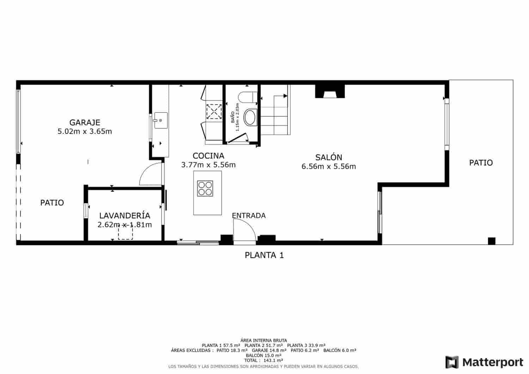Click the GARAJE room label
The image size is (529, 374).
(x=85, y=123)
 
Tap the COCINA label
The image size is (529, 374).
(x=208, y=156)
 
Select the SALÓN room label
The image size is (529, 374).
(x=329, y=158)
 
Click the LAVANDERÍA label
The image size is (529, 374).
(x=124, y=216)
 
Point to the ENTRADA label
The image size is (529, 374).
(x=249, y=216)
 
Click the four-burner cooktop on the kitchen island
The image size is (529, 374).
(x=205, y=188)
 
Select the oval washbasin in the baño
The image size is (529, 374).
(x=251, y=117)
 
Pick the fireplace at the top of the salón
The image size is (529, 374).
(x=330, y=92)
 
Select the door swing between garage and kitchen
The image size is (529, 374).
(x=150, y=174)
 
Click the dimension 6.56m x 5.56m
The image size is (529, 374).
(x=329, y=167)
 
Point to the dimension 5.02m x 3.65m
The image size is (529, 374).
(x=85, y=131)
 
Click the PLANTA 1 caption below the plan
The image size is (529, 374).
(x=264, y=255)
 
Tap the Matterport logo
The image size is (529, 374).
(x=485, y=362)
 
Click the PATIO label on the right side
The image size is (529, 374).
(x=481, y=163)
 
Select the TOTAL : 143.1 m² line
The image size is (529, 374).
(x=264, y=361)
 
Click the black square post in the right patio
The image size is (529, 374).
(x=491, y=241)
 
